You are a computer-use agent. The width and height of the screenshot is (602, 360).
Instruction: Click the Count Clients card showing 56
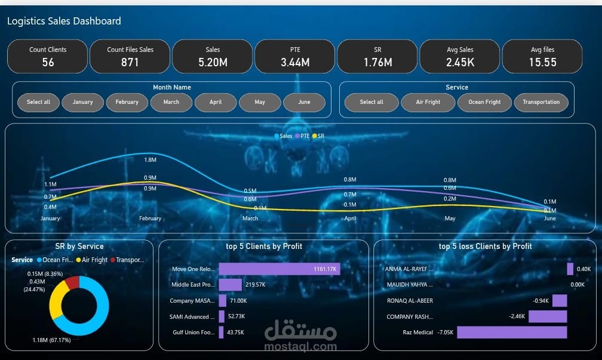[48, 57]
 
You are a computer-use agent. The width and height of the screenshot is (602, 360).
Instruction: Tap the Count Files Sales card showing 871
[130, 57]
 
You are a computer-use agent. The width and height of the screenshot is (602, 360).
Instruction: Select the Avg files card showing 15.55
[542, 57]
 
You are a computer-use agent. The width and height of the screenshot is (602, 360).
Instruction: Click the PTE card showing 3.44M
[295, 57]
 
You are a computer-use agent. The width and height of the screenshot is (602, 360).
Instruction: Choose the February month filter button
[127, 102]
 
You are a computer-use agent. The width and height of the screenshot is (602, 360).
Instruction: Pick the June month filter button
[304, 102]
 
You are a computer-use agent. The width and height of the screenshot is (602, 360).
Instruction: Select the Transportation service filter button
[541, 102]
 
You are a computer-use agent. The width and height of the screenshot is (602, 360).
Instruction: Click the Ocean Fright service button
[484, 102]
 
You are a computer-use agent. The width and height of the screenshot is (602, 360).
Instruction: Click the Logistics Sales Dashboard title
[64, 21]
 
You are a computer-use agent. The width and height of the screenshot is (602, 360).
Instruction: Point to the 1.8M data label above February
[150, 160]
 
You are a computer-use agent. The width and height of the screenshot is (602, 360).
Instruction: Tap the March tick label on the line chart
[250, 219]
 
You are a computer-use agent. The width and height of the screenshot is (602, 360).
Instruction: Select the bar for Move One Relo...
[279, 269]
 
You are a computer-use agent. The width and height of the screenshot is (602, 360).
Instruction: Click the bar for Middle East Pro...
[230, 285]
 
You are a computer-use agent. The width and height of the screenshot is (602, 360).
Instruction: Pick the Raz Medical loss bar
[512, 332]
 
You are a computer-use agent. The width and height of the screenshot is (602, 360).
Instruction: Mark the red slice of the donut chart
[72, 282]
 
